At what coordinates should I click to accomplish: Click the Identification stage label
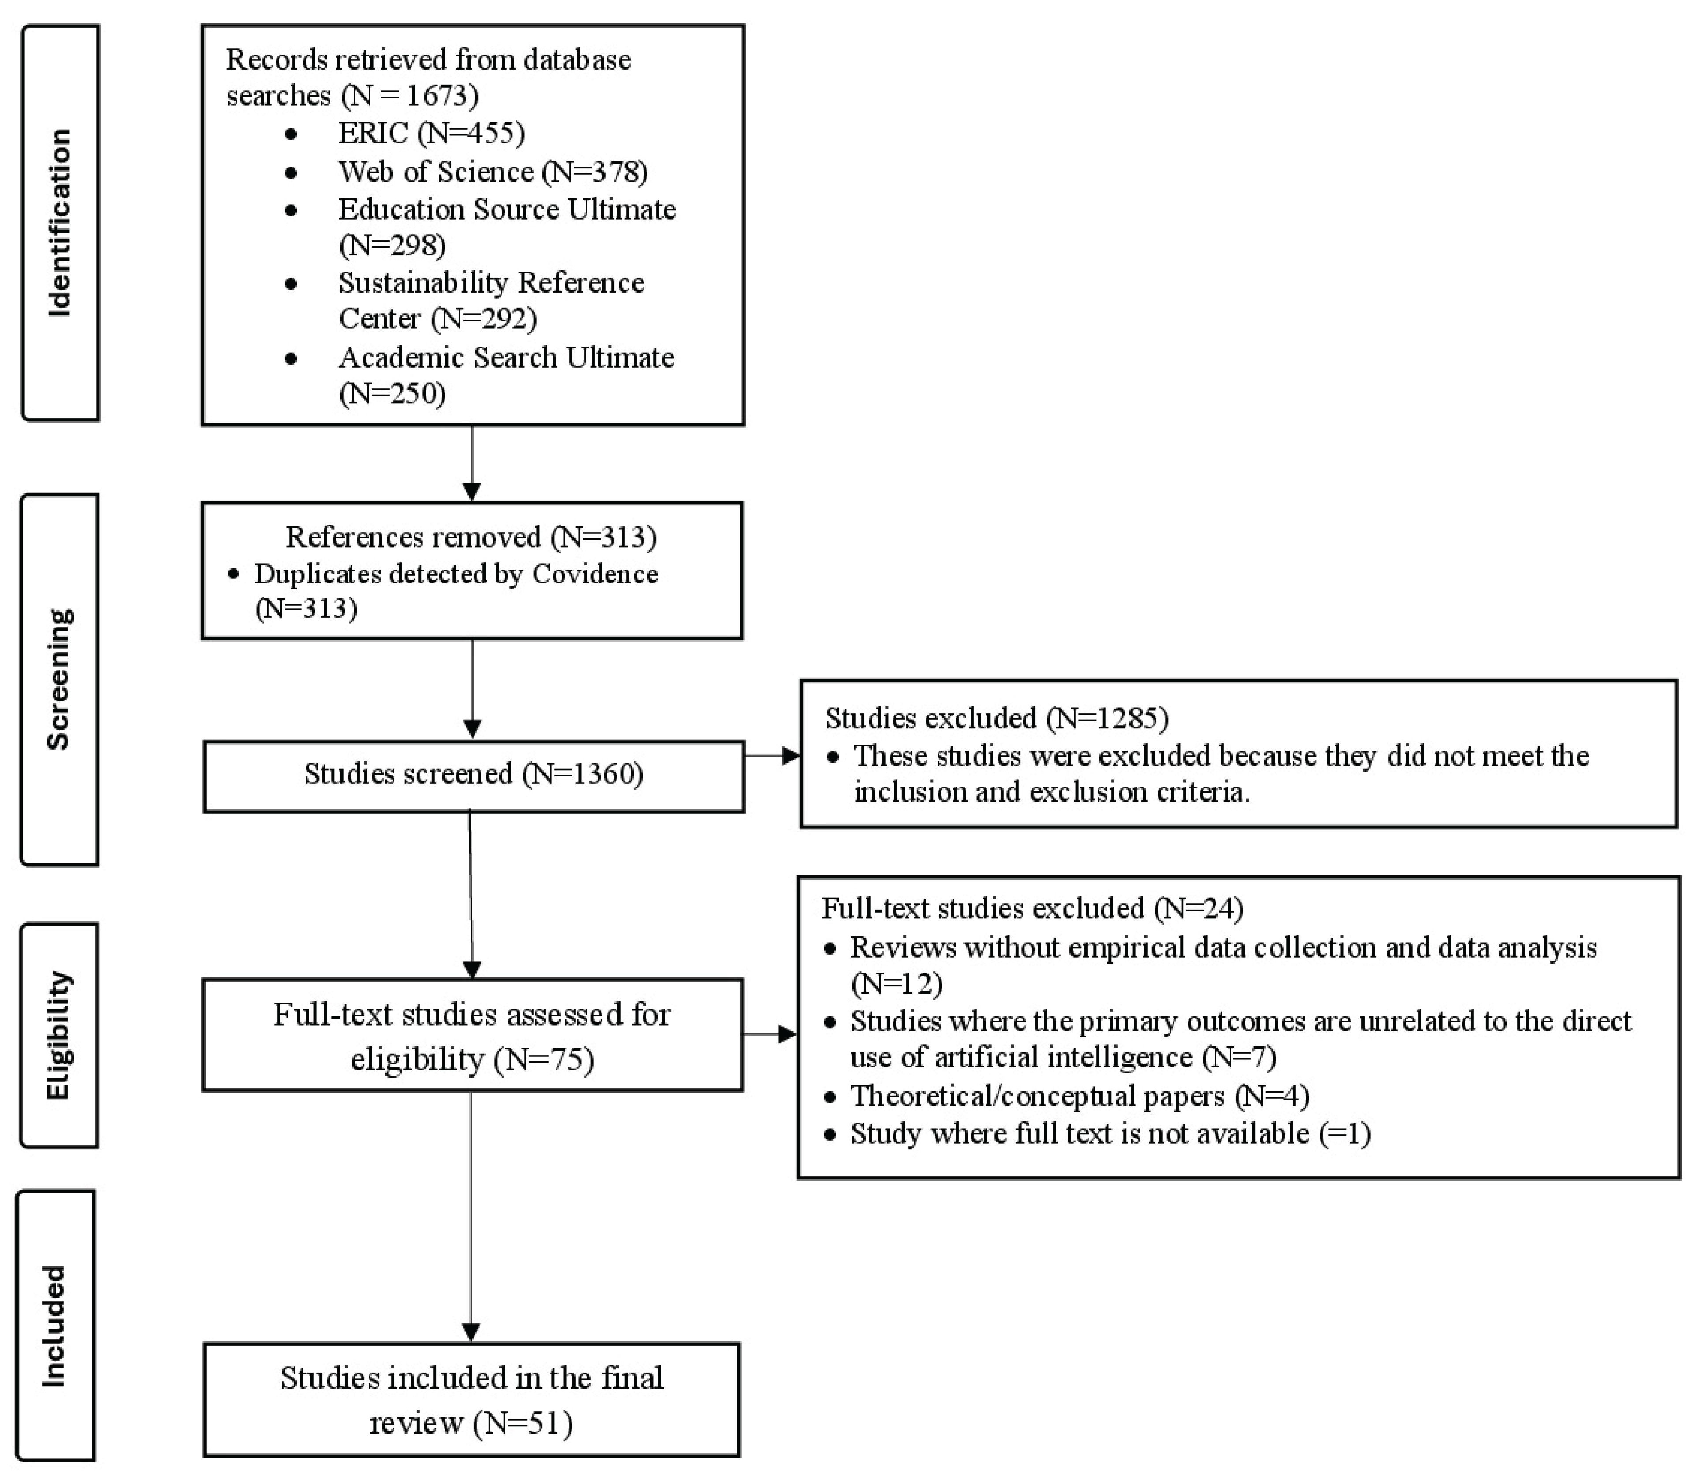tap(60, 223)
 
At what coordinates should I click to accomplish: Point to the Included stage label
tap(54, 1327)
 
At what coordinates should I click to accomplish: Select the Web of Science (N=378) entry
tap(492, 172)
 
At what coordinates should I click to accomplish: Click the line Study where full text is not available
tap(1109, 1134)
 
